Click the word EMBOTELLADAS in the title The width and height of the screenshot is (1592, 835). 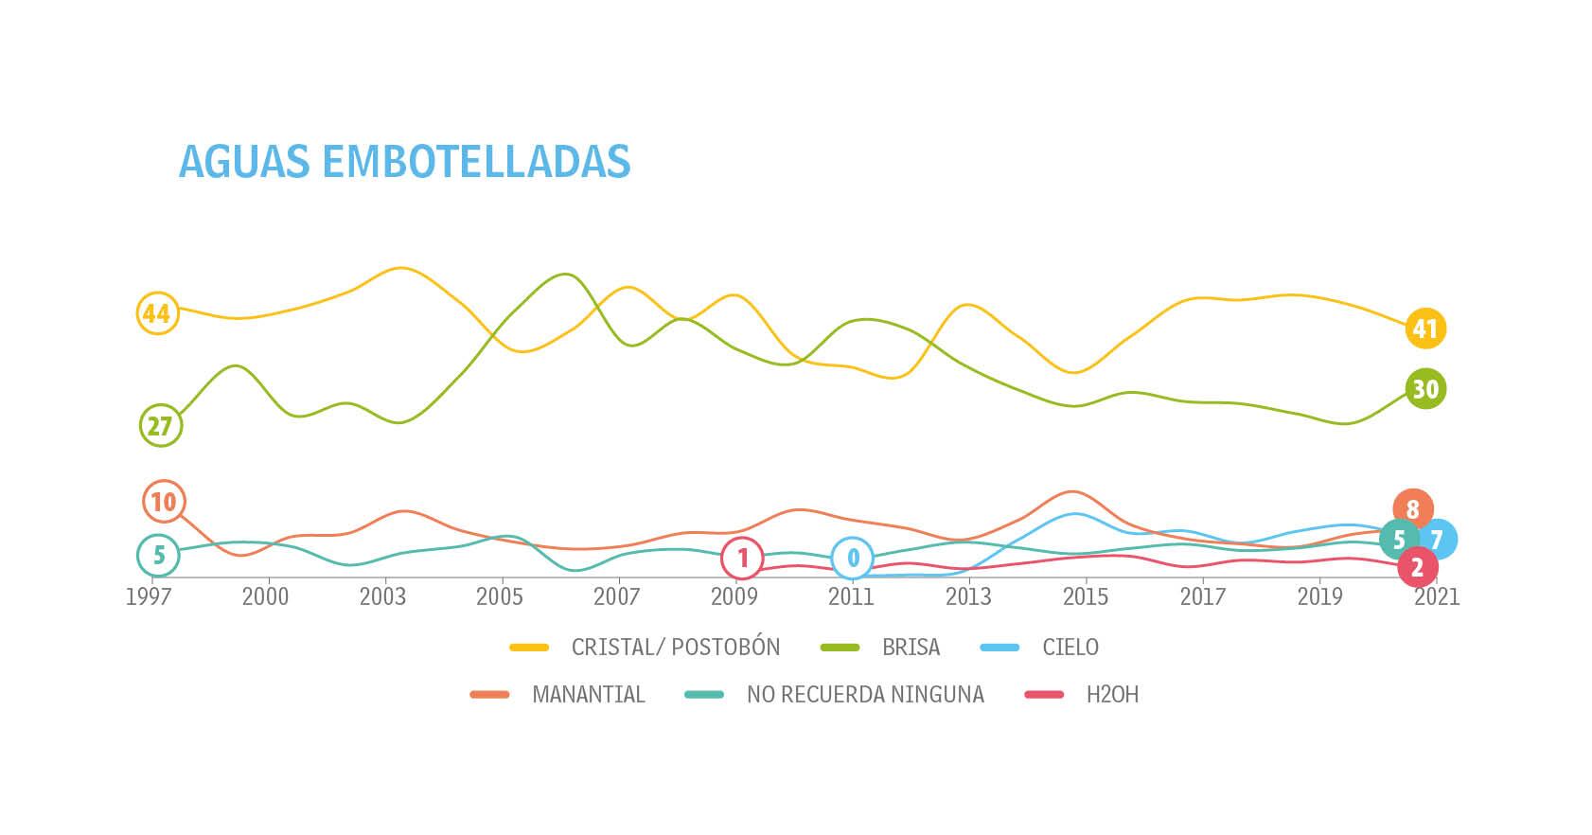pos(476,162)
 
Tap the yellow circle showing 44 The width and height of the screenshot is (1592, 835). pos(156,312)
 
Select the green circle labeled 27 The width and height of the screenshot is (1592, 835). pos(161,426)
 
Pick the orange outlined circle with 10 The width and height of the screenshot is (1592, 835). pos(164,502)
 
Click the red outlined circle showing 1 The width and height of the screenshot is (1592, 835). pos(743,559)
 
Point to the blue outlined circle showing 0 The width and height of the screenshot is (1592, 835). pos(853,559)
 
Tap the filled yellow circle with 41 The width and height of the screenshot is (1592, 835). pos(1425,329)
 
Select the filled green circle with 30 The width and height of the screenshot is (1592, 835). pos(1425,389)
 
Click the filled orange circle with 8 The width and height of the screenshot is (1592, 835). pos(1413,509)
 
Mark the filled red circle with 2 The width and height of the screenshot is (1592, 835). pos(1417,568)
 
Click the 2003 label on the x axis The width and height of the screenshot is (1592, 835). pos(382,597)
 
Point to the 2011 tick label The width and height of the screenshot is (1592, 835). pos(851,597)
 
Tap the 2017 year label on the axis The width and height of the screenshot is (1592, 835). pos(1203,597)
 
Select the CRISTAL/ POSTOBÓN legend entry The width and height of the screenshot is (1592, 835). pos(675,648)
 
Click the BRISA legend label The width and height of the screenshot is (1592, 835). pos(911,648)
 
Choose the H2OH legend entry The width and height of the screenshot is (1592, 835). pos(1112,695)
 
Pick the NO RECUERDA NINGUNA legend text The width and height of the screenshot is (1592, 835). pos(865,695)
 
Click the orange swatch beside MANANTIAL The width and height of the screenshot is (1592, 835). pos(490,695)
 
